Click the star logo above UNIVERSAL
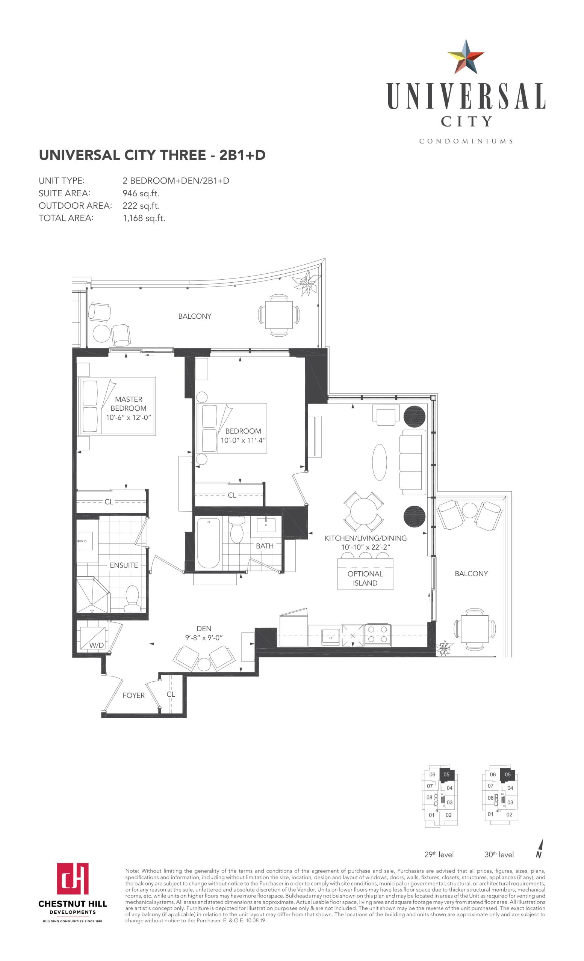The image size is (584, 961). [466, 57]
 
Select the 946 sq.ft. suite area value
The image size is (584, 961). [141, 193]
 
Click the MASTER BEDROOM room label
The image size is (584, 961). [129, 404]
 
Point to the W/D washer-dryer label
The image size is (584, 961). [97, 645]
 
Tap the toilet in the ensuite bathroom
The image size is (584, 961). [132, 599]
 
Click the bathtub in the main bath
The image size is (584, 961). [209, 543]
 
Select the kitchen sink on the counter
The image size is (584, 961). [331, 637]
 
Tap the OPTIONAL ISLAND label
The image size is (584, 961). [365, 578]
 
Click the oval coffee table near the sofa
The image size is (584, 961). [380, 462]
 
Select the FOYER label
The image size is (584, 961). [133, 695]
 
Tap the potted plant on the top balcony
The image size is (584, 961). [308, 282]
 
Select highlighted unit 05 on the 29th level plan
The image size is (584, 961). [447, 775]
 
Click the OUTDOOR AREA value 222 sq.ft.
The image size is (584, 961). [141, 206]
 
